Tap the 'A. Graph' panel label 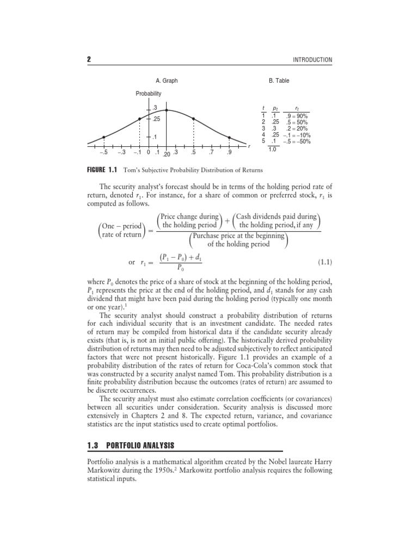tap(167, 81)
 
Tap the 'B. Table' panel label tap(279, 81)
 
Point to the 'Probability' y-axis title tap(149, 94)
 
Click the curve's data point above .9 tap(229, 137)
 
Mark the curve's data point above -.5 tap(104, 137)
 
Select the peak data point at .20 tap(167, 110)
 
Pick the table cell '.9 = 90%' tap(297, 116)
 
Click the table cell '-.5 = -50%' tap(297, 141)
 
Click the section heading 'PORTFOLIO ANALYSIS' tap(140, 445)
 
